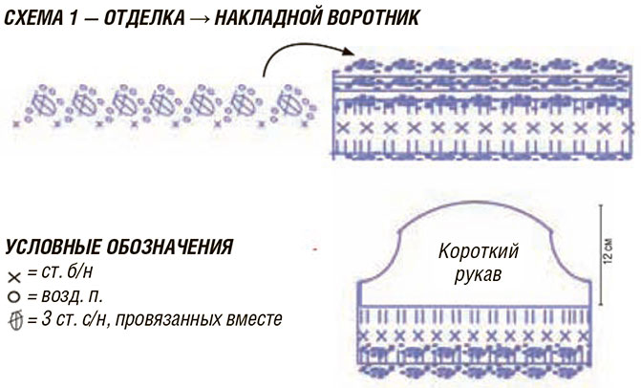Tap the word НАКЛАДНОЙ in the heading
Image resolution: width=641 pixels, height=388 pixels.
coord(267,18)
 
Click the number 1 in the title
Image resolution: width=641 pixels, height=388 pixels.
coord(74,18)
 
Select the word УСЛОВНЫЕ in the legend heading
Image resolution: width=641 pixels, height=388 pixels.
coord(53,248)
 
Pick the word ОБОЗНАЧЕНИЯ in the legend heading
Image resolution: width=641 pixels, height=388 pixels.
coord(170,248)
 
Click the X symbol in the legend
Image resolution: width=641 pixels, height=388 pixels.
coord(14,278)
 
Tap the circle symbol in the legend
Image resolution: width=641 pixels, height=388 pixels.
coord(14,297)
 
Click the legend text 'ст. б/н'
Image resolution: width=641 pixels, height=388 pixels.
coord(67,272)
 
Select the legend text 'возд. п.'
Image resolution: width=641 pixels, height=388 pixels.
coord(72,296)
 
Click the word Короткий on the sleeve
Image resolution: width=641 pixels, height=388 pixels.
coord(479,251)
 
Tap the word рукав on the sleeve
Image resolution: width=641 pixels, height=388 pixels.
coord(478,275)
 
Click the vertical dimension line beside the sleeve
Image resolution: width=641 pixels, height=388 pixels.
coord(600,255)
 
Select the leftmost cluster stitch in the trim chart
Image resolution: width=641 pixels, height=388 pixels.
coord(44,102)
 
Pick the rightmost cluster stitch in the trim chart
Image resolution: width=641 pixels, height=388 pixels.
coord(289,102)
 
